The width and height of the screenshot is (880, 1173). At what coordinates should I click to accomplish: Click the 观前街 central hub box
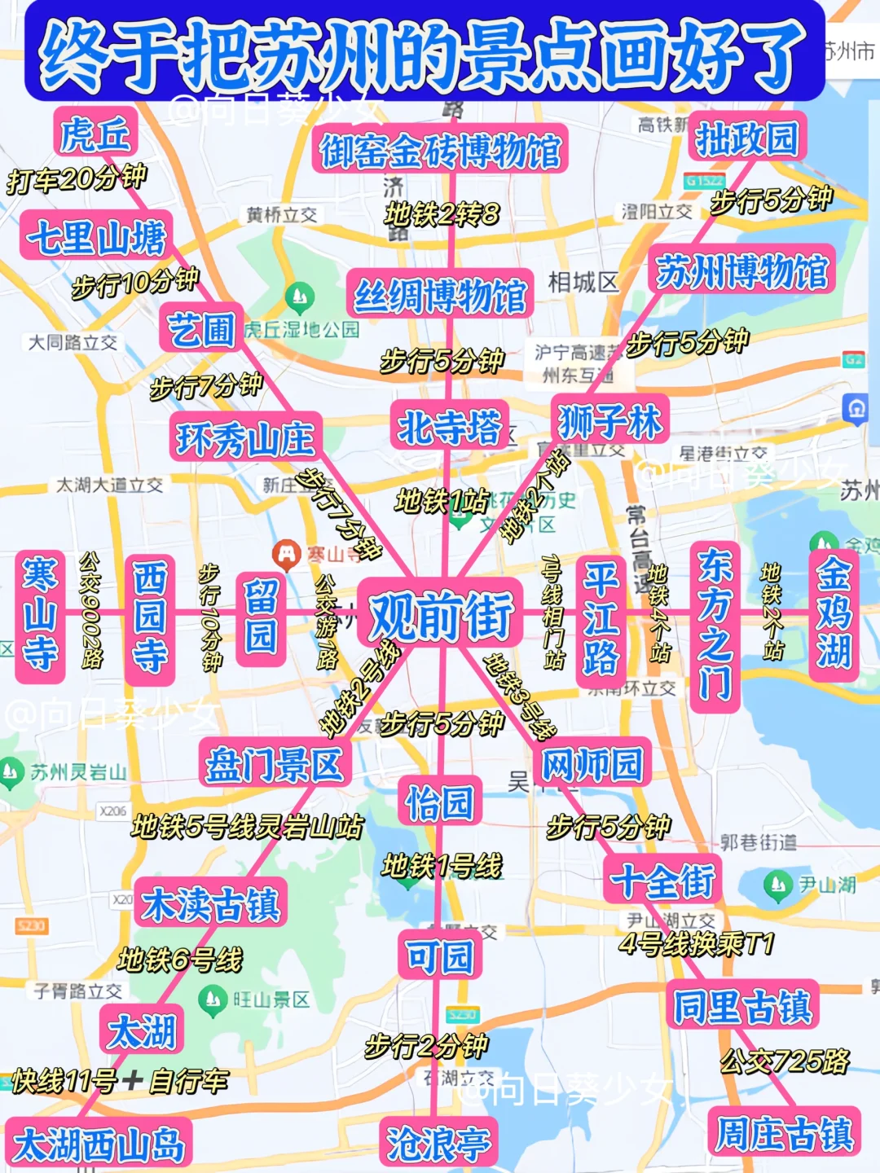(x=441, y=615)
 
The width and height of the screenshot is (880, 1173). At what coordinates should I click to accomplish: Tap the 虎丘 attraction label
(x=95, y=134)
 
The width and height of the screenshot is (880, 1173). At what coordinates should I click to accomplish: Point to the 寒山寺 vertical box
(x=40, y=616)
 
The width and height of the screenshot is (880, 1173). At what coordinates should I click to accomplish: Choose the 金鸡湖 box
(x=834, y=616)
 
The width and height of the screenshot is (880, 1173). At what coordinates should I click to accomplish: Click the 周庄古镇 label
(x=784, y=1132)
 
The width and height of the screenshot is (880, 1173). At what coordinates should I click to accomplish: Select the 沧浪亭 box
(x=439, y=1143)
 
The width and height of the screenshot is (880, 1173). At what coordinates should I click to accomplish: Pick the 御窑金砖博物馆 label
(x=440, y=151)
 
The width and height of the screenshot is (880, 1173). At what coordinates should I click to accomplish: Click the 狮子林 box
(x=610, y=422)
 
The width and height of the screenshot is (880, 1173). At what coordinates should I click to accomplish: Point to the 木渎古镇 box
(x=211, y=903)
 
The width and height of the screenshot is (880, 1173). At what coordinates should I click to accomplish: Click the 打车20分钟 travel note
(x=77, y=178)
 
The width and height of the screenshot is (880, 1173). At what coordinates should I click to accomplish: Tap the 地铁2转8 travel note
(x=442, y=214)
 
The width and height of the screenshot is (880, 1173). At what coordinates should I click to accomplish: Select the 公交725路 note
(x=785, y=1061)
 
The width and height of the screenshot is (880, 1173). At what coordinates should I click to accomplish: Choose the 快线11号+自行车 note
(x=120, y=1081)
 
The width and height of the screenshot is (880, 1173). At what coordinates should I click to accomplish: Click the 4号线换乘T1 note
(x=697, y=943)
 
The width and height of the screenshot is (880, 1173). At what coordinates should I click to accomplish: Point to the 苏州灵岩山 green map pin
(x=12, y=771)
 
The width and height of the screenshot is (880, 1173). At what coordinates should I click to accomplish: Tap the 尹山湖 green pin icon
(x=778, y=885)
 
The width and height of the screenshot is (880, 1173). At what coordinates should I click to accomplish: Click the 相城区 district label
(x=583, y=283)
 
